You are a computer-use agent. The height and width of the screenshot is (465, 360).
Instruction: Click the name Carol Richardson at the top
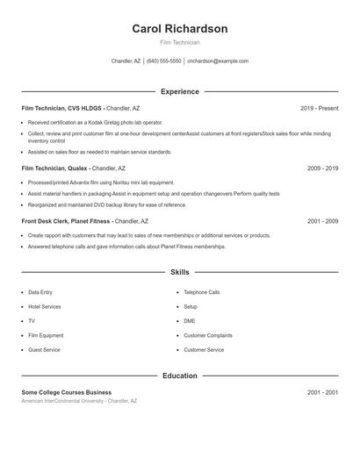pos(179,29)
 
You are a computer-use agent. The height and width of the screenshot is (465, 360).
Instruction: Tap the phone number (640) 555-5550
pos(163,61)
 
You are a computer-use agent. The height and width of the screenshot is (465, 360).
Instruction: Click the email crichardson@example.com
pos(218,61)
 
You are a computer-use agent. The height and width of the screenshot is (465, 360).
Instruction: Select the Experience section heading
pos(179,91)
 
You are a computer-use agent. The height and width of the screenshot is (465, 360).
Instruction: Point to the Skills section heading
pos(179,273)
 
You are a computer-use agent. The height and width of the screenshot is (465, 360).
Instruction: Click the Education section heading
pos(179,376)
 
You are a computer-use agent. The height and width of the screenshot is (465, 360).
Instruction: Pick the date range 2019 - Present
pos(319,108)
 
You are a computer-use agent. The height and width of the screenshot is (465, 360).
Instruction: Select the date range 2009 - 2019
pos(322,168)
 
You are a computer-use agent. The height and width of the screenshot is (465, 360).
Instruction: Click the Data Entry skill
pos(40,292)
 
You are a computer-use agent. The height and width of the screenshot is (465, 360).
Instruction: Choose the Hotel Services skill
pos(45,306)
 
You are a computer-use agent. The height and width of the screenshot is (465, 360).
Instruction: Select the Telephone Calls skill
pos(201,292)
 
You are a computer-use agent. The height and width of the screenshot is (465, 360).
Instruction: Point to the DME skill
pos(190,321)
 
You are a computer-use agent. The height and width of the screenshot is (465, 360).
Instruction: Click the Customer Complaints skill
pos(207,335)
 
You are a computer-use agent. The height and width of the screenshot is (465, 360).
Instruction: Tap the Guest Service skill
pos(44,350)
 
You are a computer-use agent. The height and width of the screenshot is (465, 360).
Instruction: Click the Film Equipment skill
pos(46,335)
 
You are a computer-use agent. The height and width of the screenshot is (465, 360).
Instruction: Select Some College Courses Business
pos(67,392)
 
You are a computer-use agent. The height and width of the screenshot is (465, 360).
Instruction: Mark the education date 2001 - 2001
pos(322,392)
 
